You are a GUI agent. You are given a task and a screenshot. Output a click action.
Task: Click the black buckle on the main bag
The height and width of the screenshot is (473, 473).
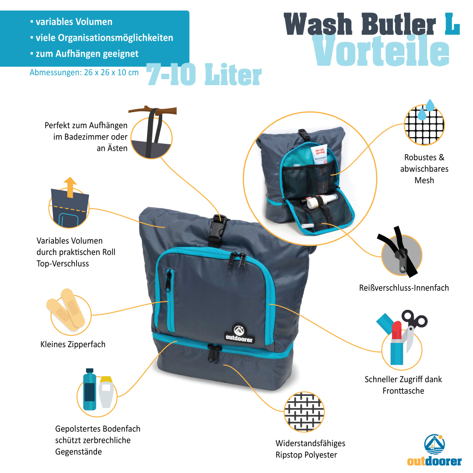(217, 230)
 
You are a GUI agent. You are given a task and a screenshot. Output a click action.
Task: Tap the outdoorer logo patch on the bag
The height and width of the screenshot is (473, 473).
(239, 334)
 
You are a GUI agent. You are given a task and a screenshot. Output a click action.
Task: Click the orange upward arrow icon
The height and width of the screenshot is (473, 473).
(70, 187)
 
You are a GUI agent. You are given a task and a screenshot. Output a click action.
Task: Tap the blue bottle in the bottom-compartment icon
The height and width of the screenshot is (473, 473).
(89, 389)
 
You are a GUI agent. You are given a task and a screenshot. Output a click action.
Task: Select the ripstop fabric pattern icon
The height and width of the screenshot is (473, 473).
(304, 412)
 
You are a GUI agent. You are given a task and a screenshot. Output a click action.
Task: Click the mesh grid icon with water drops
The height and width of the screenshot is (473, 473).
(424, 123)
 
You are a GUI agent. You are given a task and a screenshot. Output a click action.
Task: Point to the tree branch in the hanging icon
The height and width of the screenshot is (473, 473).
(153, 110)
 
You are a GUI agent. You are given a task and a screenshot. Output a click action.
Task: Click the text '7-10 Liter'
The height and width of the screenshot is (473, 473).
(204, 75)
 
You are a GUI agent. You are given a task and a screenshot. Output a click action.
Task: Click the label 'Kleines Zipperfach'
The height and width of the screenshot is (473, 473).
(73, 344)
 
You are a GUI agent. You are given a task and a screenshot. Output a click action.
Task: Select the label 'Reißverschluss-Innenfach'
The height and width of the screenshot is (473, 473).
(404, 288)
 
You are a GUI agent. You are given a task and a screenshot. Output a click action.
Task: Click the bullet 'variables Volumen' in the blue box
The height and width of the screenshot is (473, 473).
(71, 22)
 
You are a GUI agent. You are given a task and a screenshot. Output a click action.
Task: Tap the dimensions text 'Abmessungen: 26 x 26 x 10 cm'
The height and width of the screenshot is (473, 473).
(84, 72)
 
